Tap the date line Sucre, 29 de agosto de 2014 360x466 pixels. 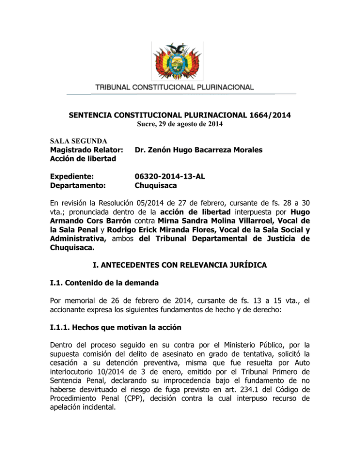click(180, 124)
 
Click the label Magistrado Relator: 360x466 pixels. click(86, 150)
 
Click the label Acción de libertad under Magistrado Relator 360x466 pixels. click(81, 160)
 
